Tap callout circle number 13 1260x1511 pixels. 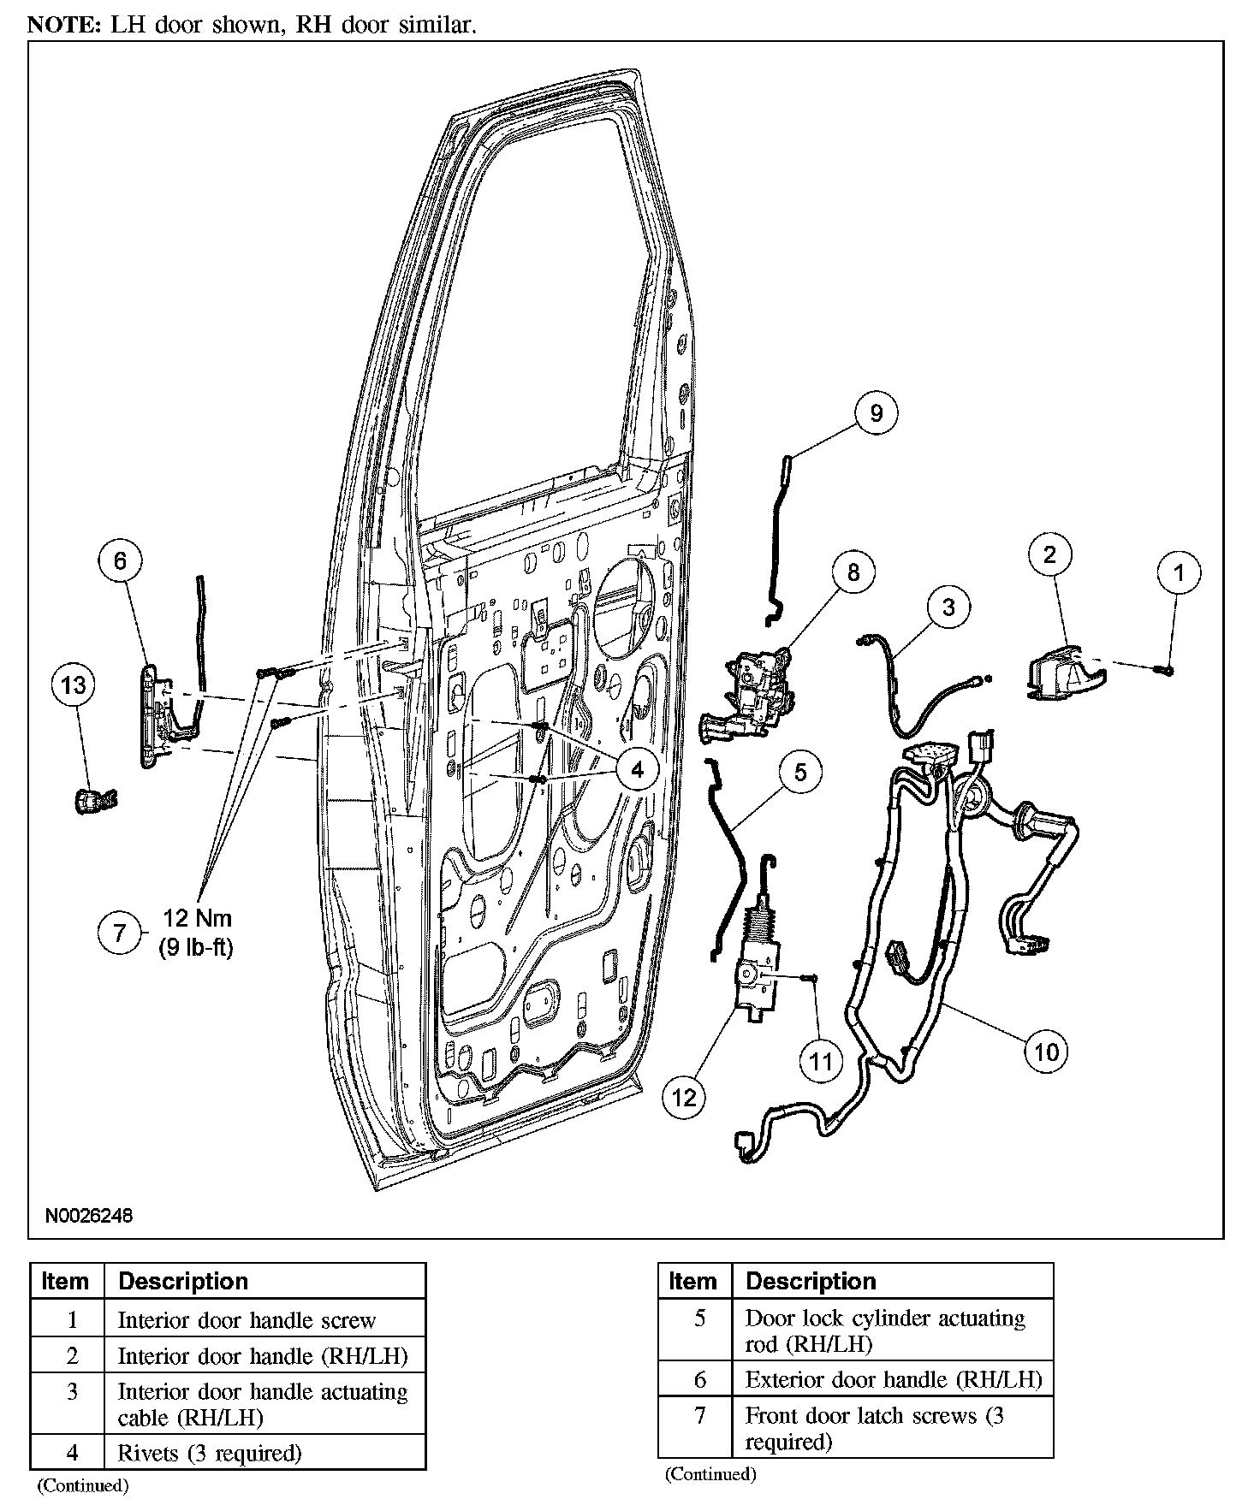(74, 685)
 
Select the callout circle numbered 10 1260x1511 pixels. (1047, 1051)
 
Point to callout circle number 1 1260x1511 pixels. (1180, 572)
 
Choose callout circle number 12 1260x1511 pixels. (685, 1097)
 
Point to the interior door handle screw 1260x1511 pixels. (1167, 669)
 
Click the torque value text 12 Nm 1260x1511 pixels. (197, 918)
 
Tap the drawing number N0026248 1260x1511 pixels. (90, 1215)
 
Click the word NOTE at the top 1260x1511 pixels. (63, 25)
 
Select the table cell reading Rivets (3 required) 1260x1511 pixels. (210, 1453)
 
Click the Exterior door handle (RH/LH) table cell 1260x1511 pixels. (893, 1380)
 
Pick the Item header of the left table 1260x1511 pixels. (65, 1282)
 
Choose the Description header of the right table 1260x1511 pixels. (811, 1281)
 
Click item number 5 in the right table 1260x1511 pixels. (699, 1318)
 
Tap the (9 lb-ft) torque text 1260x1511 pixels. (196, 947)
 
